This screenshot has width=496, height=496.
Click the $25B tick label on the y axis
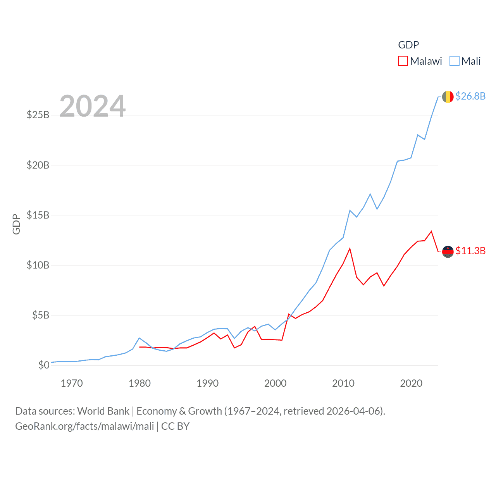38,115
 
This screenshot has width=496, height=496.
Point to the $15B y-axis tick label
38,215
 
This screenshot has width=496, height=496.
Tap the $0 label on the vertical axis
44,365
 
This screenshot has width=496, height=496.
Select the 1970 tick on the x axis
72,383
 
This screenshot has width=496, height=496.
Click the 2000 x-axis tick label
275,383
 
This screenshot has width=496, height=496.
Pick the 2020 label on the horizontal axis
411,383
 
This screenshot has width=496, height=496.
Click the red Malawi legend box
403,61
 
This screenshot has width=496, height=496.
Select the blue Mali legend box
454,61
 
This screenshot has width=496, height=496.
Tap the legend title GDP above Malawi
408,45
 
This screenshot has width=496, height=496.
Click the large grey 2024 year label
93,106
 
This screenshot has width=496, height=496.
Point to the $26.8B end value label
470,96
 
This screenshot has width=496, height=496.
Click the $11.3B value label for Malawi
470,251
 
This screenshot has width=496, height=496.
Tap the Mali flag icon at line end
448,96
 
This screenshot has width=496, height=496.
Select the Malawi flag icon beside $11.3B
448,251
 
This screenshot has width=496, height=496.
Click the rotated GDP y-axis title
16,224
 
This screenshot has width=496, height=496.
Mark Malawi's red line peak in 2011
350,248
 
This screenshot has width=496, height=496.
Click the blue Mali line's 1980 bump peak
139,338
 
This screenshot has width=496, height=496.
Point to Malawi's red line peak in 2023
431,231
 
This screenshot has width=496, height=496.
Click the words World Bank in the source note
103,411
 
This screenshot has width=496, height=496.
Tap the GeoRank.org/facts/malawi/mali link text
84,426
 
